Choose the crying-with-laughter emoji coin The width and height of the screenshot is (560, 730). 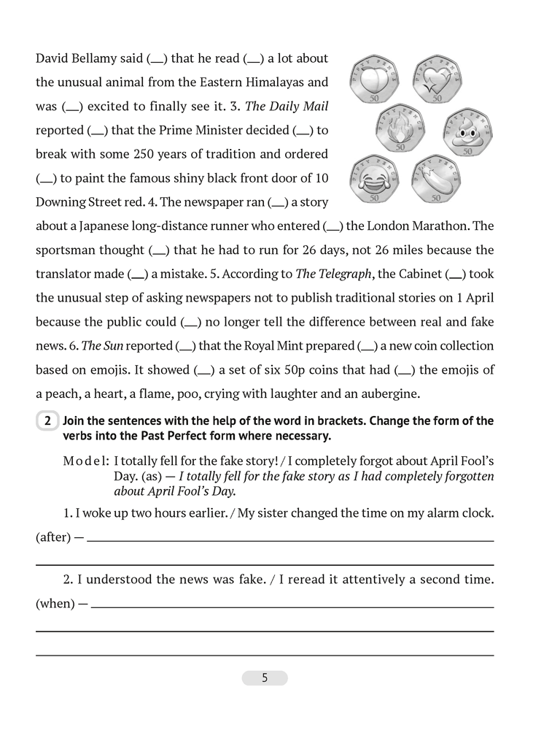click(371, 179)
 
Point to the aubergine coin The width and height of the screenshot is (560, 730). click(435, 179)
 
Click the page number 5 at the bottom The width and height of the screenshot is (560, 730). click(265, 677)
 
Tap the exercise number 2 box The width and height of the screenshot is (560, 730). click(47, 421)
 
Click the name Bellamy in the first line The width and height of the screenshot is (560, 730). click(107, 58)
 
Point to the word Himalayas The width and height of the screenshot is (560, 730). click(296, 82)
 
